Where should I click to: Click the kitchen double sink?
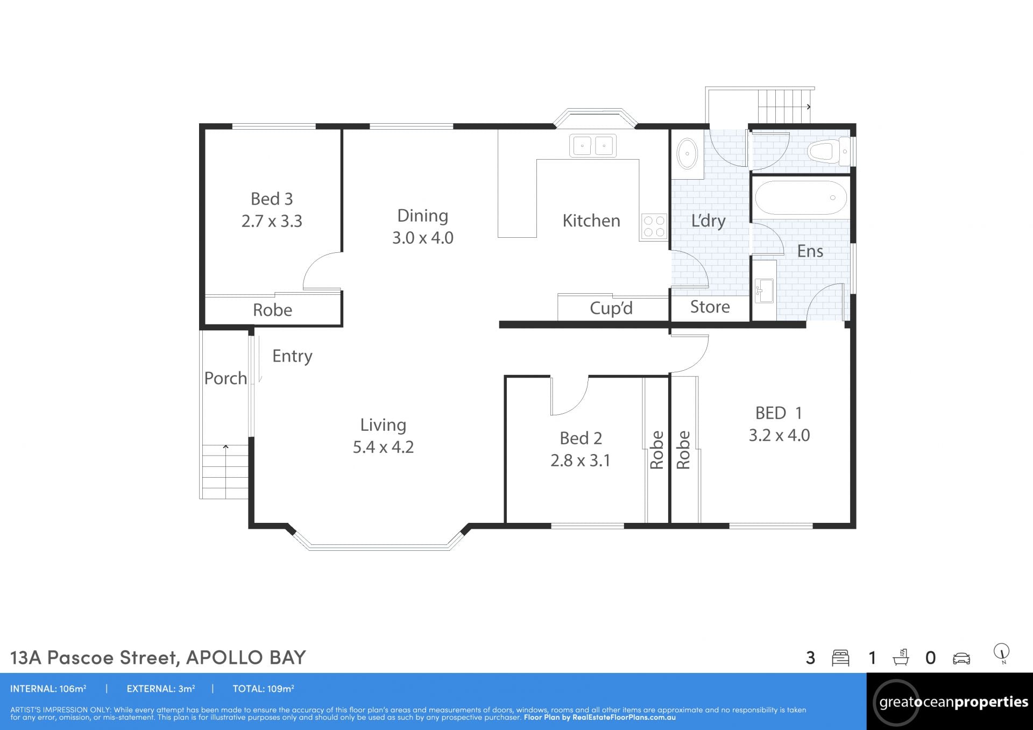(x=593, y=146)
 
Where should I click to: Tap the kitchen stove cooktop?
(x=654, y=226)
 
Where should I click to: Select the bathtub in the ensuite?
(x=801, y=198)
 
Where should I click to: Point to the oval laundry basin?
(x=686, y=153)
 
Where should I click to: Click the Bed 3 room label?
(x=272, y=199)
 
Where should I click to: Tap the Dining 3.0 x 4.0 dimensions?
(x=423, y=238)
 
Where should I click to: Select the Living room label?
(x=383, y=425)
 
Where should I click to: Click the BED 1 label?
(x=779, y=413)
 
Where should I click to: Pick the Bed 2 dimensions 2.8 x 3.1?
(x=581, y=460)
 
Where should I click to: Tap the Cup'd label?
(x=611, y=308)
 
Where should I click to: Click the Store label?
(x=710, y=307)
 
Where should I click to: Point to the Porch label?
(x=225, y=378)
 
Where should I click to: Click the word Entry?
(x=292, y=356)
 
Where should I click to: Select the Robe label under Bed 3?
(x=273, y=310)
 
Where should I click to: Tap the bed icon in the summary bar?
(x=840, y=658)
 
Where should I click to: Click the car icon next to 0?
(x=961, y=658)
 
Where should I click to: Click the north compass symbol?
(x=1002, y=653)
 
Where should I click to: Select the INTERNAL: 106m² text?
(x=48, y=689)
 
